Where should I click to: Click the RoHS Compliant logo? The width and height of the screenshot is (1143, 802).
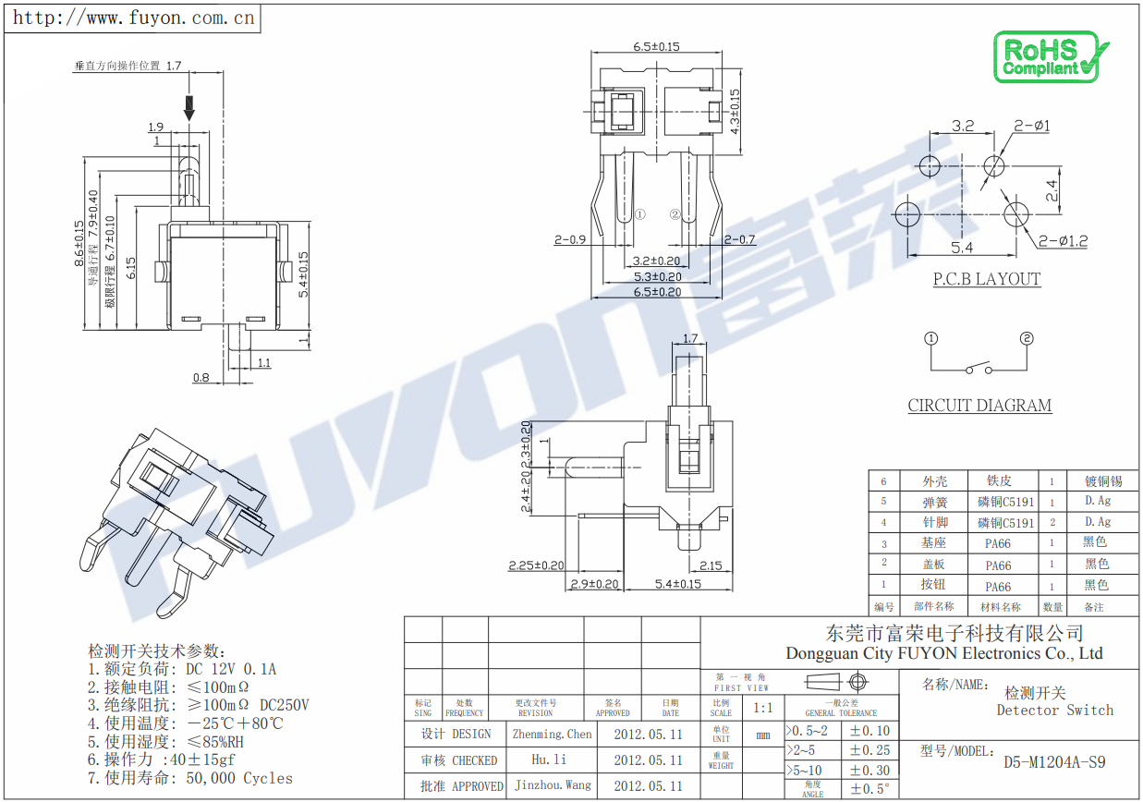[x=1050, y=57]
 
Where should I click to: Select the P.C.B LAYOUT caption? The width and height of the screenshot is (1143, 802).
[x=986, y=279]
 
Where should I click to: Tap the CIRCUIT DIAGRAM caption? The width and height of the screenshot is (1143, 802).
[x=979, y=405]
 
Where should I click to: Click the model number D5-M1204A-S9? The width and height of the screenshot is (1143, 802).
[x=1054, y=762]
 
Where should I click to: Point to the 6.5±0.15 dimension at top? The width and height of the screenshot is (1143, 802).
[x=656, y=46]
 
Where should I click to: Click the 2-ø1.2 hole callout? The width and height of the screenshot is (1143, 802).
[x=1063, y=241]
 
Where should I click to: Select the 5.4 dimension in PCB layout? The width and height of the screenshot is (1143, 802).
[x=962, y=248]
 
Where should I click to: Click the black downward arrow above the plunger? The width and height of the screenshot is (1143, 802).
[x=189, y=107]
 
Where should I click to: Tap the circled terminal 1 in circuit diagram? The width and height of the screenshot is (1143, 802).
[x=931, y=339]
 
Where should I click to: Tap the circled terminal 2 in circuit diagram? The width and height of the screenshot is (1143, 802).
[x=1026, y=339]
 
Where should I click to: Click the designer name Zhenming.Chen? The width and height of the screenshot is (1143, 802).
[x=552, y=734]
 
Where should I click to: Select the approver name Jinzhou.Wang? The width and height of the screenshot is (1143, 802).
[x=552, y=785]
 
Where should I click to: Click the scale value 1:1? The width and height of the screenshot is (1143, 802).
[x=763, y=708]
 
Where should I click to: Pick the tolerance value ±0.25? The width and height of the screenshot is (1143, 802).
[x=869, y=750]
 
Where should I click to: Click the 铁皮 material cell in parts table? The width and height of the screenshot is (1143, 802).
[x=999, y=480]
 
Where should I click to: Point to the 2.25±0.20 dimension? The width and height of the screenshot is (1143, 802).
[x=536, y=565]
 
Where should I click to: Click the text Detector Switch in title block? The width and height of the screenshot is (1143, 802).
[x=1054, y=711]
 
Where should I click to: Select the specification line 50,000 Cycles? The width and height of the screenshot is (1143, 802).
[x=239, y=778]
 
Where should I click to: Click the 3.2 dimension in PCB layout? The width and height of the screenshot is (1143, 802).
[x=963, y=126]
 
